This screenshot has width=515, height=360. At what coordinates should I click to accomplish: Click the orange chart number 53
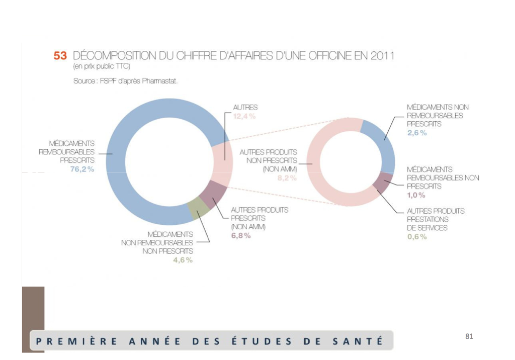pos(60,56)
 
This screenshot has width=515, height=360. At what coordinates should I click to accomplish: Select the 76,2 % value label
pos(82,169)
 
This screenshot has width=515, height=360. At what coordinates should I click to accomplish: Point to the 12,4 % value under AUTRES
pos(244,116)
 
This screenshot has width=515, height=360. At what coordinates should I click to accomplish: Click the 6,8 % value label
pos(240,236)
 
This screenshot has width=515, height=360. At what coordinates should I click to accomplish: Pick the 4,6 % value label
pos(183,260)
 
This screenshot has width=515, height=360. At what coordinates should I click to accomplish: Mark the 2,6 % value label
pos(416,133)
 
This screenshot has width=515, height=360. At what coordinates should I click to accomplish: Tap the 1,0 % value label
pos(415,195)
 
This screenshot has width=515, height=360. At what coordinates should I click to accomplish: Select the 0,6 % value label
pos(416,236)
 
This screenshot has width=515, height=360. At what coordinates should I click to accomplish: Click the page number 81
pos(470,336)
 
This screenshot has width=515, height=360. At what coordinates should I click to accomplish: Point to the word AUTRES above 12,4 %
pos(245,107)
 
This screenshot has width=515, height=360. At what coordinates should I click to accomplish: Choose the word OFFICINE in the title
pos(330,56)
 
